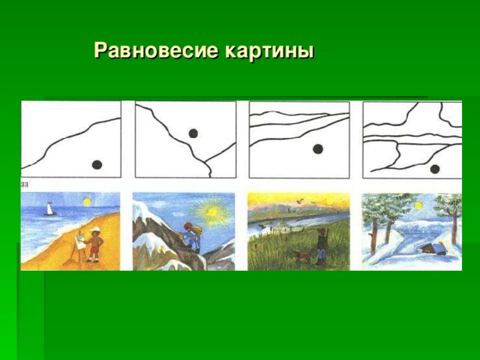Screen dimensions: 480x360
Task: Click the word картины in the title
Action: pyautogui.click(x=269, y=51)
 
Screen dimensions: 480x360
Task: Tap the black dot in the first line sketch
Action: pyautogui.click(x=97, y=164)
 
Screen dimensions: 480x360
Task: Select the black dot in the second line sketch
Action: pyautogui.click(x=193, y=133)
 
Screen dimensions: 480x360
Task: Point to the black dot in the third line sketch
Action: pyautogui.click(x=318, y=148)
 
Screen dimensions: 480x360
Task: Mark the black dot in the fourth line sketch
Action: pyautogui.click(x=435, y=169)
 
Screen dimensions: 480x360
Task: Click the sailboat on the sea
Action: pyautogui.click(x=49, y=208)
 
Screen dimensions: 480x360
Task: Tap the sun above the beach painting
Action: pyautogui.click(x=87, y=202)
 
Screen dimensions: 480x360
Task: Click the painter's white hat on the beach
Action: pyautogui.click(x=94, y=229)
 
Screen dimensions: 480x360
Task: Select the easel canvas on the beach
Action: pyautogui.click(x=79, y=241)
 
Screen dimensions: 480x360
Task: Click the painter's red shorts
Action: pyautogui.click(x=94, y=250)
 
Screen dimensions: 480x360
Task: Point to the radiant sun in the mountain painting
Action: pyautogui.click(x=211, y=211)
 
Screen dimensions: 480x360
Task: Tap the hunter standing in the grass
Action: pyautogui.click(x=320, y=247)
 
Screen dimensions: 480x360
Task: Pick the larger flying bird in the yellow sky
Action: pyautogui.click(x=301, y=200)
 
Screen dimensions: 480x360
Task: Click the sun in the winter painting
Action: pyautogui.click(x=418, y=205)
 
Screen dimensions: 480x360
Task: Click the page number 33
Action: pyautogui.click(x=25, y=184)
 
